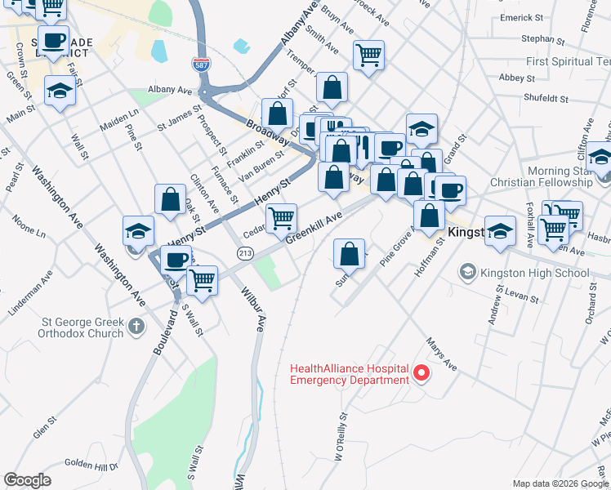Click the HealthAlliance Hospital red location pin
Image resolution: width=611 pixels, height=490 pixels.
(x=421, y=374)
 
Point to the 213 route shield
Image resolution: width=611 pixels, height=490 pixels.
(x=244, y=254)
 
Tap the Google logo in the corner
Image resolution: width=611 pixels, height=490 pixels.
(x=27, y=480)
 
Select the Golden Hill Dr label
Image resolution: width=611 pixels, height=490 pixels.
(x=91, y=465)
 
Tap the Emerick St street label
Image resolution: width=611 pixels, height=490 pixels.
(x=544, y=17)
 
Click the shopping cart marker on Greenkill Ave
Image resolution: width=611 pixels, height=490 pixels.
(x=281, y=217)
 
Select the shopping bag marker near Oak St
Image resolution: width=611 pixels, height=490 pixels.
(x=170, y=198)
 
